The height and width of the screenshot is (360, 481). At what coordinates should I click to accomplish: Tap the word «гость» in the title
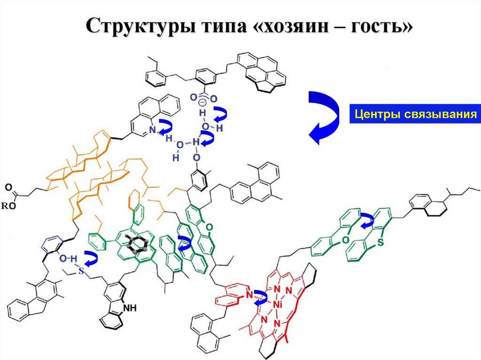click(x=376, y=26)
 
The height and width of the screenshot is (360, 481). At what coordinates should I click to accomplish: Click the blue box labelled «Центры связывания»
click(x=415, y=114)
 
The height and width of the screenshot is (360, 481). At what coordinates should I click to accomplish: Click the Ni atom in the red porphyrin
click(x=277, y=305)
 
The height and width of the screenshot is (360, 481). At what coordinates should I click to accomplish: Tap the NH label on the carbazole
click(x=129, y=307)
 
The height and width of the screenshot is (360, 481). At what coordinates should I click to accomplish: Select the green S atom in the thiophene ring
click(x=380, y=242)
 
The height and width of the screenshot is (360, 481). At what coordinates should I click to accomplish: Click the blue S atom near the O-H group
click(x=81, y=271)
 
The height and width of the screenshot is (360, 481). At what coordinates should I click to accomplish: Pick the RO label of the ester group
click(x=8, y=206)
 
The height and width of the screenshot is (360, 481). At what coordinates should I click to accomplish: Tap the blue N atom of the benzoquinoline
click(x=153, y=130)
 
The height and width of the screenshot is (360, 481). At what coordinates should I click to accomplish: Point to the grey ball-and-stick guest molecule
click(x=139, y=244)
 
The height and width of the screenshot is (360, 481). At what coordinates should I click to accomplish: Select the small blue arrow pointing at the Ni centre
click(x=261, y=298)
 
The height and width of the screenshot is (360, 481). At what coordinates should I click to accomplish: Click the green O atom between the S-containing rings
click(x=346, y=239)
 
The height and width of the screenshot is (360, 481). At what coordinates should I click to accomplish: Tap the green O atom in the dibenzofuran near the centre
click(x=209, y=227)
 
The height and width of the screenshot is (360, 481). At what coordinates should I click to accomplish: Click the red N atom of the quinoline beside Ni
click(x=250, y=295)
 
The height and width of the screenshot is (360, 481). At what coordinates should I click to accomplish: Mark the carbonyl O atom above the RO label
click(x=8, y=187)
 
